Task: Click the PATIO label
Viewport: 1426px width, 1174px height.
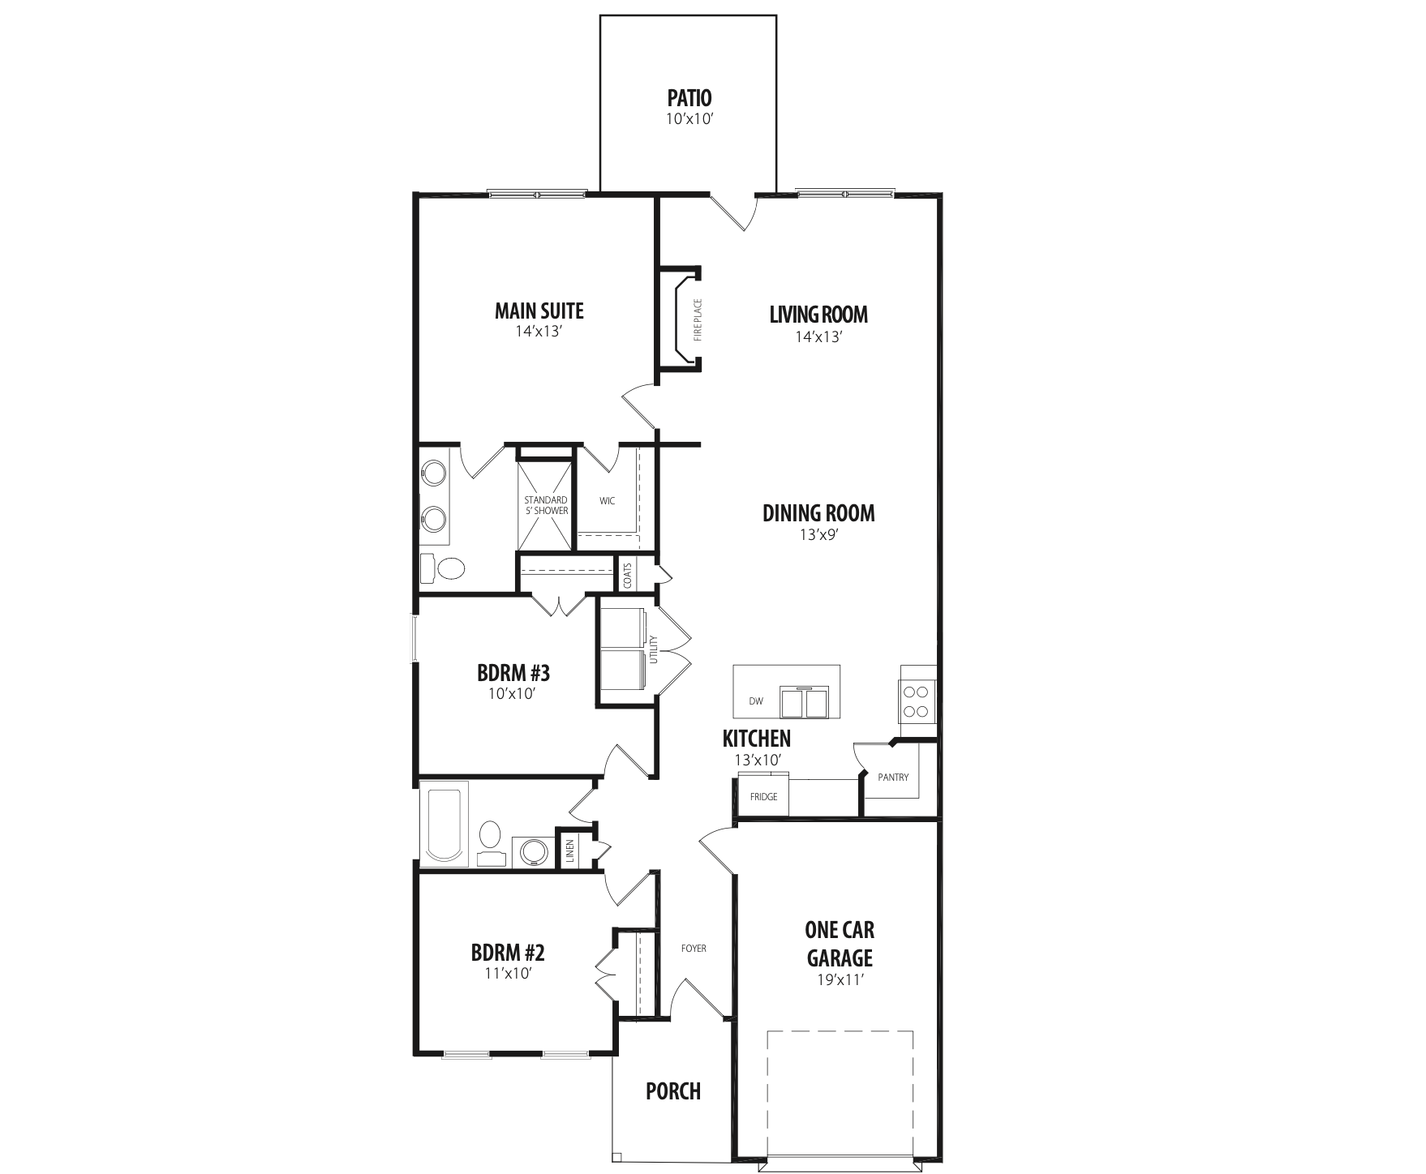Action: [x=689, y=98]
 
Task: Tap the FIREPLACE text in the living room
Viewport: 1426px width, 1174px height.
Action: [x=698, y=319]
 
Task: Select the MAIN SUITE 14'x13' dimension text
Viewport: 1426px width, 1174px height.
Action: [x=539, y=332]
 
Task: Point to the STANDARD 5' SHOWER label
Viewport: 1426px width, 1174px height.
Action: [x=546, y=505]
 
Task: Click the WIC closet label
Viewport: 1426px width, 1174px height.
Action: [x=608, y=501]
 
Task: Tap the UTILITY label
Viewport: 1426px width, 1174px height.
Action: [x=654, y=649]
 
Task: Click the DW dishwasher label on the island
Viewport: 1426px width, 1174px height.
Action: [x=756, y=701]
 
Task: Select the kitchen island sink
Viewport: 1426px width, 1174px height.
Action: [x=805, y=701]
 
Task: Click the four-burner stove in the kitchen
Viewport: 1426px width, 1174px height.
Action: [x=917, y=701]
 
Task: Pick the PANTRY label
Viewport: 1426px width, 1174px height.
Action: [x=893, y=777]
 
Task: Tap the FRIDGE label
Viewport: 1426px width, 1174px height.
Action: [x=763, y=796]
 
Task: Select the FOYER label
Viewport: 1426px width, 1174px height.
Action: [x=694, y=948]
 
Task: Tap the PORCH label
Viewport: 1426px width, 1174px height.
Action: [x=673, y=1091]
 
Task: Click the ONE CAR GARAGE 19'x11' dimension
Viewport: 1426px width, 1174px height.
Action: [x=839, y=979]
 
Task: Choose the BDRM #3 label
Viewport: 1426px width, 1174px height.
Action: [x=513, y=673]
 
